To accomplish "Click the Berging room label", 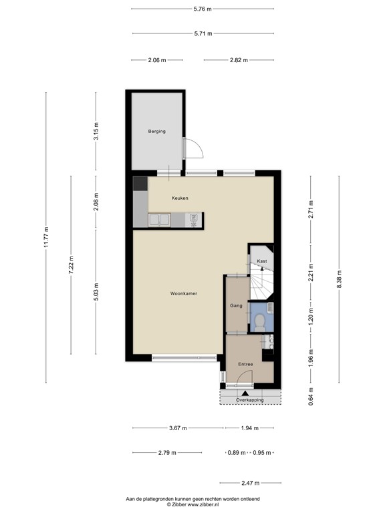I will pyautogui.click(x=156, y=132).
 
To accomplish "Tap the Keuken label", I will pyautogui.click(x=180, y=198).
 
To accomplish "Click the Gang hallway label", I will pyautogui.click(x=235, y=305).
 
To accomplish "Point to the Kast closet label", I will pyautogui.click(x=262, y=261).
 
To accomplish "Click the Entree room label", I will pyautogui.click(x=245, y=364).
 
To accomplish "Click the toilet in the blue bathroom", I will pyautogui.click(x=259, y=322).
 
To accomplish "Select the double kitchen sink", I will pyautogui.click(x=159, y=219).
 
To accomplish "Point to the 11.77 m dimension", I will pyautogui.click(x=46, y=237).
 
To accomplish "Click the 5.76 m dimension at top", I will pyautogui.click(x=202, y=9).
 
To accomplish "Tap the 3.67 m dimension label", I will pyautogui.click(x=178, y=427).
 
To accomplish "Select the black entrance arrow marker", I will pyautogui.click(x=245, y=393).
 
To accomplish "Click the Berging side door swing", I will pyautogui.click(x=192, y=148).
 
